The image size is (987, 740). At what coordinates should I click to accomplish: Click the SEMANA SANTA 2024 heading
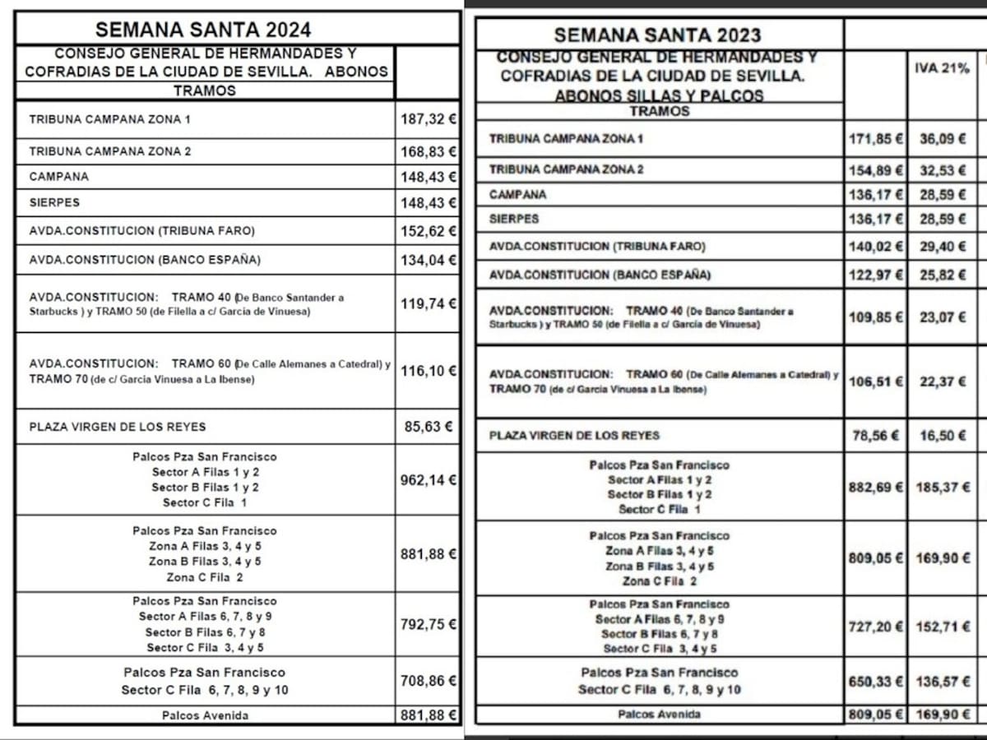tap(203, 30)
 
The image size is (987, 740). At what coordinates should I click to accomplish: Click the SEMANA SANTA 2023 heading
tap(657, 35)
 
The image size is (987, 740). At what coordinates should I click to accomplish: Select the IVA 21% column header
tap(942, 69)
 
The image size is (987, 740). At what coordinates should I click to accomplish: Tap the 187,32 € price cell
tap(428, 119)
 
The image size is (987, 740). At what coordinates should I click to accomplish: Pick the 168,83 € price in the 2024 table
tap(428, 151)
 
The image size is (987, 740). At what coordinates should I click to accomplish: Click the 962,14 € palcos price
tap(428, 479)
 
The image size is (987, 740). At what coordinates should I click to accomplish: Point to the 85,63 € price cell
tap(428, 427)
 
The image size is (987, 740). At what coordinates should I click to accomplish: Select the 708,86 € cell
tap(428, 681)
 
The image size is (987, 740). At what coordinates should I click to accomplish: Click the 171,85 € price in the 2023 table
tap(876, 139)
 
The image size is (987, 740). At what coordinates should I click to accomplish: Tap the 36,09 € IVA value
tap(943, 139)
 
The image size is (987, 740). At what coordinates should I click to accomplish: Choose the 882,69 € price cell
tap(876, 487)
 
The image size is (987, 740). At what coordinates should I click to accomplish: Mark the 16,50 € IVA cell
tap(943, 436)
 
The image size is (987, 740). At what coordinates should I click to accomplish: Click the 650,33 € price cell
tap(876, 682)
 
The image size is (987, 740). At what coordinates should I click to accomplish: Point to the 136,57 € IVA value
tap(943, 682)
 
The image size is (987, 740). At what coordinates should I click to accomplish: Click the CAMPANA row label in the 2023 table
tap(517, 195)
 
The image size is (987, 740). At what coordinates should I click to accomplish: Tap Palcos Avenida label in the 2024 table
tap(205, 715)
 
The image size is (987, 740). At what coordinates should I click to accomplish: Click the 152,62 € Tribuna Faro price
tap(428, 231)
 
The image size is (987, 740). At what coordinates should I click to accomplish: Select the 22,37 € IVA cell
tap(943, 382)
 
